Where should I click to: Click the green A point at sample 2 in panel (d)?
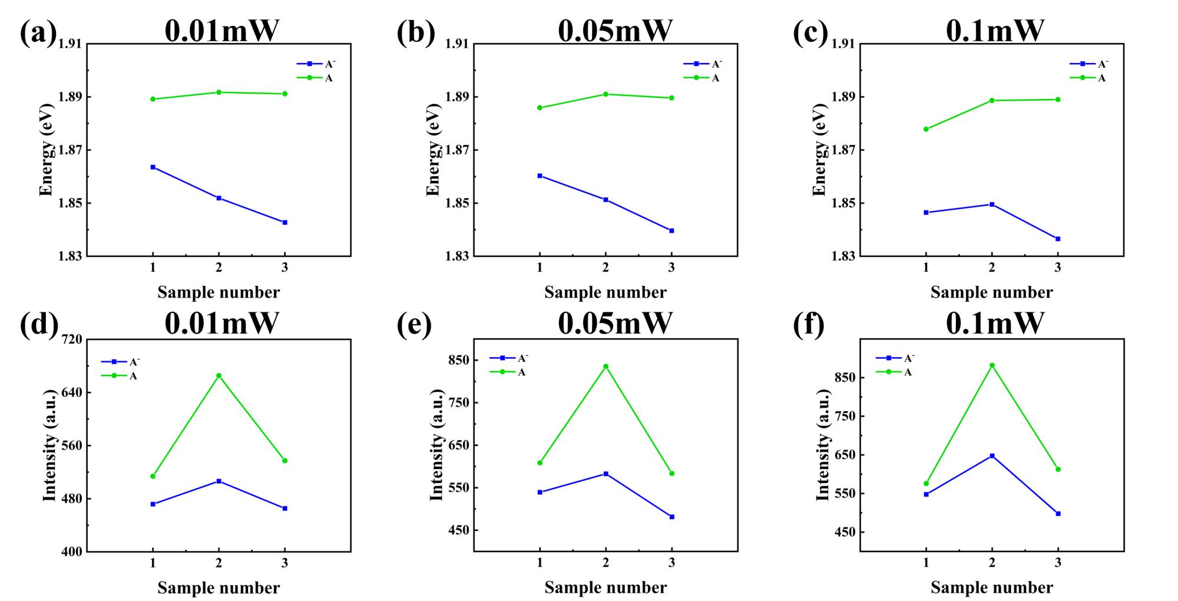click(219, 375)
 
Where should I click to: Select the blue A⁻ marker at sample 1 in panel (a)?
click(153, 167)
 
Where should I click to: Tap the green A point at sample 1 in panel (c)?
click(926, 129)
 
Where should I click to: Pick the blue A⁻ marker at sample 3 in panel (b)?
click(671, 231)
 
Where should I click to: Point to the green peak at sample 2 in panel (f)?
click(992, 365)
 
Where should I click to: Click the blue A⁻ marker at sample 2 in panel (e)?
click(605, 474)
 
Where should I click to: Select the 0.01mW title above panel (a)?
click(221, 31)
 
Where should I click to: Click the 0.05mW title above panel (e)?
click(615, 323)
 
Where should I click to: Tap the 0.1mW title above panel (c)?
click(995, 31)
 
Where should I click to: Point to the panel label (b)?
click(416, 32)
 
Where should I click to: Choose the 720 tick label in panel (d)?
click(71, 339)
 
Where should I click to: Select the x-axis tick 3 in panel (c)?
click(1058, 268)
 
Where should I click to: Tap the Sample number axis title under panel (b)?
click(605, 292)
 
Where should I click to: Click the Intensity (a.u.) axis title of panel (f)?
click(823, 445)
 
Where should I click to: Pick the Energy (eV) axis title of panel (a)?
click(46, 150)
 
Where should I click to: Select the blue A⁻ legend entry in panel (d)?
click(121, 362)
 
